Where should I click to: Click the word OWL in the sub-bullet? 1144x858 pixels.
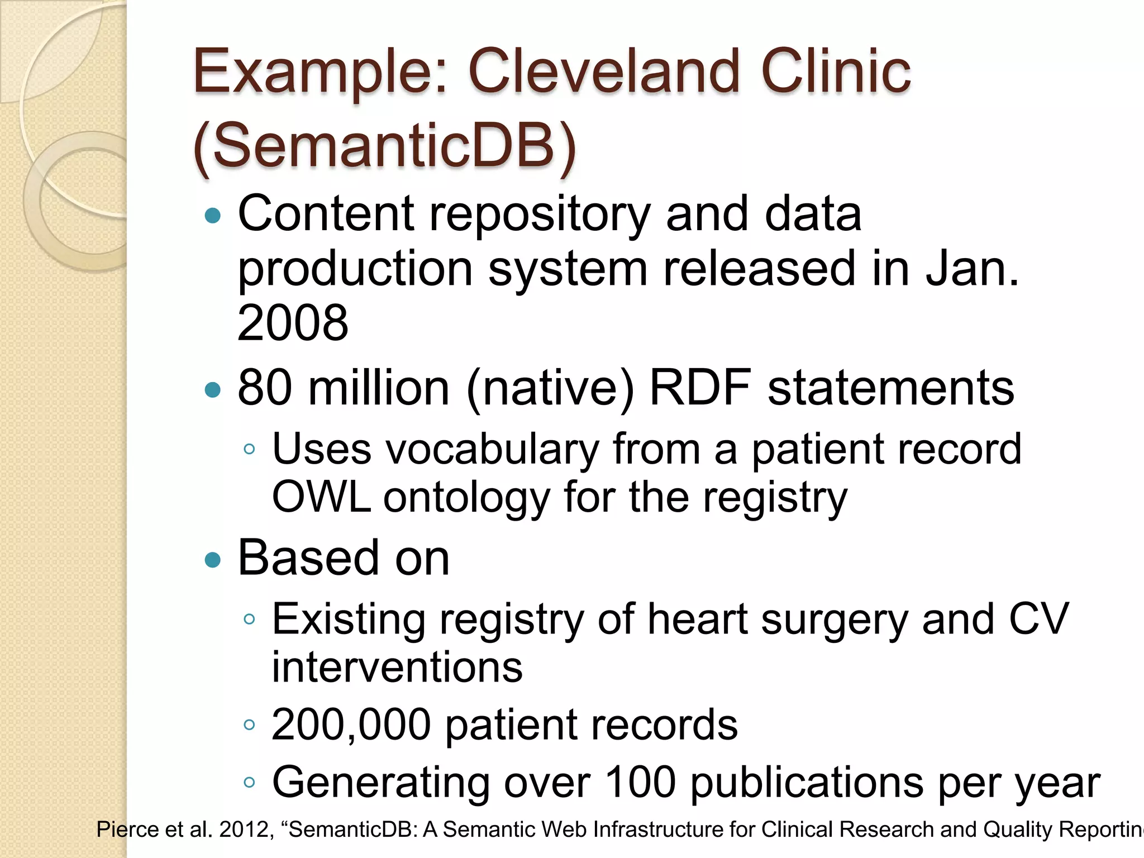point(321,497)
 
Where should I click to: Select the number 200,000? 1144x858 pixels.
point(351,725)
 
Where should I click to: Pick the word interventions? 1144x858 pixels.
point(397,668)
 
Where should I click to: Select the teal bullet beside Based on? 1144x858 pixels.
point(213,560)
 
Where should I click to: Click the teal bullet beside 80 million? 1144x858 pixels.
point(213,389)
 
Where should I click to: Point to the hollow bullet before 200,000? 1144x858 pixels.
point(250,726)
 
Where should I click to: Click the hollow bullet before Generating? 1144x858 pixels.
point(250,783)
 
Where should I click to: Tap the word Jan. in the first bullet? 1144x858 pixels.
point(972,269)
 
